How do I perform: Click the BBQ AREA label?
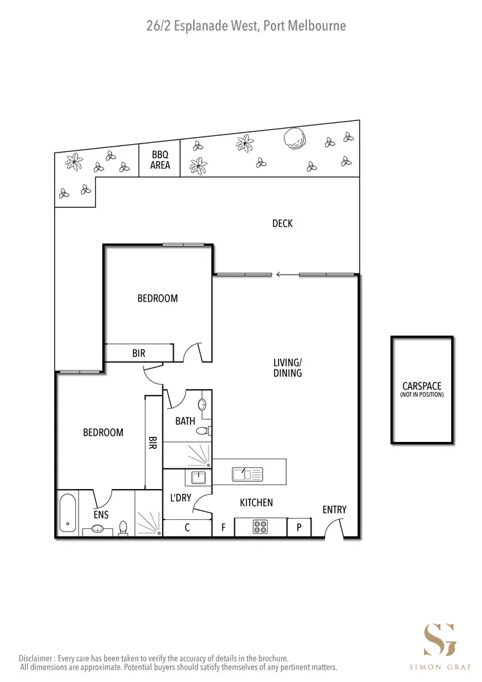coord(160,160)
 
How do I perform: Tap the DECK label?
coord(282,223)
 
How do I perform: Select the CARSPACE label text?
coord(422,386)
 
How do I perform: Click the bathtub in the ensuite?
coord(68,512)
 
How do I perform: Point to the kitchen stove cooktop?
coord(261,527)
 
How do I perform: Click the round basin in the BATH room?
coord(203,405)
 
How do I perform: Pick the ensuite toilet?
coord(124,528)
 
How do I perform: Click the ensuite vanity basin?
coord(98,529)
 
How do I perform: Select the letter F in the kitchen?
coord(223,528)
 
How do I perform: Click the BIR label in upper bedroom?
coord(138,353)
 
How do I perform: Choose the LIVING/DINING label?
coord(288,367)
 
